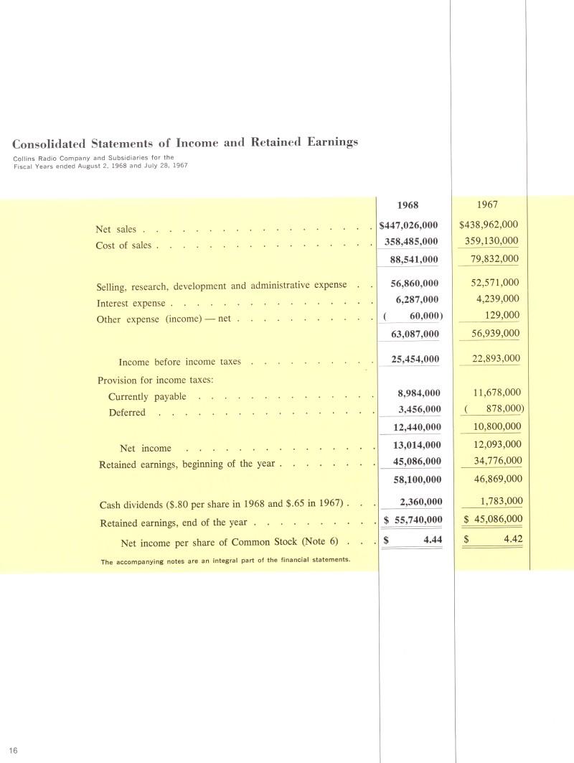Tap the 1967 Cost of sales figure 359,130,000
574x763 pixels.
point(492,241)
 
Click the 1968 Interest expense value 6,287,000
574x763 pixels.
point(418,299)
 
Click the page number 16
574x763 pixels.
point(14,750)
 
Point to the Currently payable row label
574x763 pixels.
point(147,397)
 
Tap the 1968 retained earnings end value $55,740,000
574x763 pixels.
point(412,519)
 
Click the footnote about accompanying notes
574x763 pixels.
point(225,561)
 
